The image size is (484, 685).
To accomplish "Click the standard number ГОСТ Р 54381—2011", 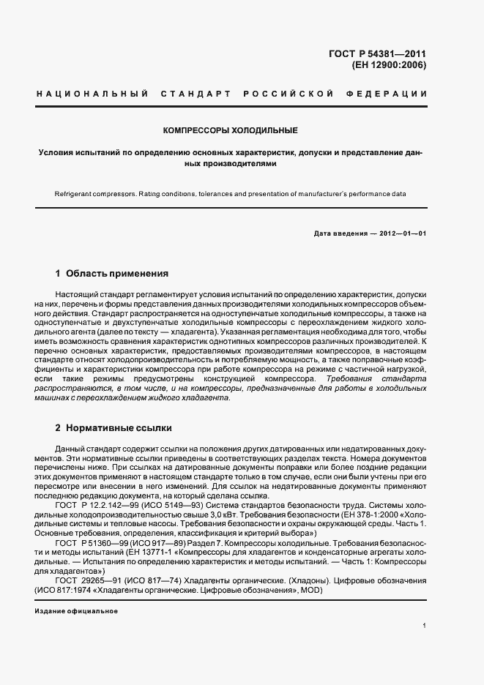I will click(378, 53).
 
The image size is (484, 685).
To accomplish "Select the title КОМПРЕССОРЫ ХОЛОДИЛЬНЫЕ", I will click(230, 130).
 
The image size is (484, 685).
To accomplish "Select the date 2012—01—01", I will click(401, 233).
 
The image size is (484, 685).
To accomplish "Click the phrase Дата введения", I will click(340, 233).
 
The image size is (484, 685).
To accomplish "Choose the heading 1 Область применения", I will click(111, 274).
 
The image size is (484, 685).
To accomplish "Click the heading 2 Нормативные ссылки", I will click(113, 427).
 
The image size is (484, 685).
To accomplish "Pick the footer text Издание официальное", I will click(76, 611).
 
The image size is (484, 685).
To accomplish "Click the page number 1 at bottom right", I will click(424, 626).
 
